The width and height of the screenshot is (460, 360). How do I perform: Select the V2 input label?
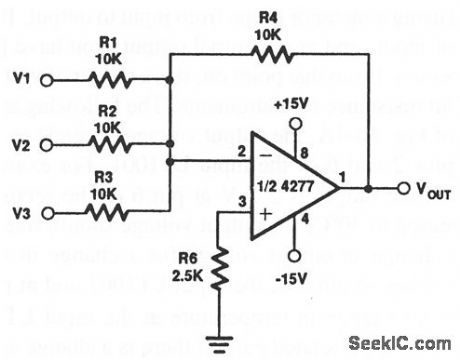coord(18,143)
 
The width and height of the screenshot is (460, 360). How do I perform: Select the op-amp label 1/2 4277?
coord(299,188)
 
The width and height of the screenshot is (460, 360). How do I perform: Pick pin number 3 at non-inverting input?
coord(241,204)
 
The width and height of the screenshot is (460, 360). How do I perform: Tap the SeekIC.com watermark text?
coord(401,343)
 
